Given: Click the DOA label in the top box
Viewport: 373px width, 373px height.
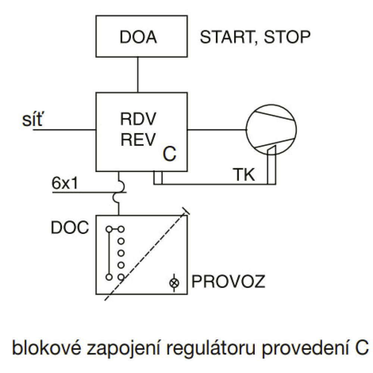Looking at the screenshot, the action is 138,37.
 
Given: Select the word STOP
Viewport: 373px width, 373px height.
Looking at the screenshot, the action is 287,37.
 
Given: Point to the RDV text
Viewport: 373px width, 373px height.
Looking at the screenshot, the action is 138,119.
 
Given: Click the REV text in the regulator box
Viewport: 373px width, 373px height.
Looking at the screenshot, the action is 138,140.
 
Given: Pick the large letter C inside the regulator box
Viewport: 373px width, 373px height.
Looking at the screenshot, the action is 170,154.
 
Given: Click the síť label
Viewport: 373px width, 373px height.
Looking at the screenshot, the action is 32,119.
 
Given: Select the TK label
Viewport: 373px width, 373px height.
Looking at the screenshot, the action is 244,174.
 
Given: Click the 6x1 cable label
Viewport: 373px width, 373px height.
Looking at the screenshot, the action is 65,183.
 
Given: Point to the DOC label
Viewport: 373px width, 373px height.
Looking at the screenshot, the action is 70,228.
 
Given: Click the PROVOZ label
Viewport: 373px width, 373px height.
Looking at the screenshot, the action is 228,281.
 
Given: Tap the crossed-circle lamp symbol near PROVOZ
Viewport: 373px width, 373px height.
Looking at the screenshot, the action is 174,283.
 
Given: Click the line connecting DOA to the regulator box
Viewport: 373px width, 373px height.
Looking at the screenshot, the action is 138,75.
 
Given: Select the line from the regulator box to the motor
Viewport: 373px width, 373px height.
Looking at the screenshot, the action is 217,130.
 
